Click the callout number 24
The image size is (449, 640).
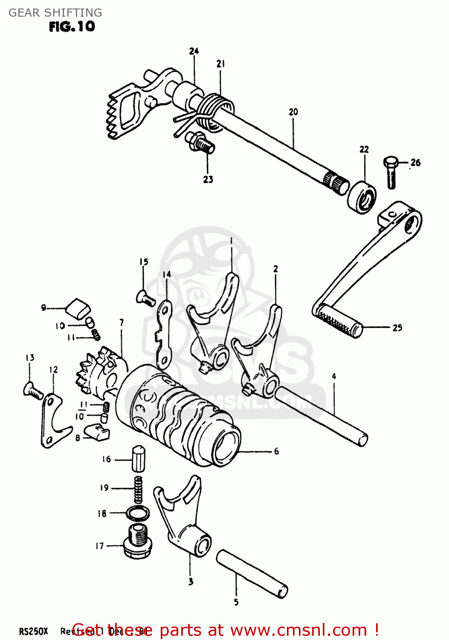pos(194,51)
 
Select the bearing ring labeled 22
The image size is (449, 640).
pos(362,197)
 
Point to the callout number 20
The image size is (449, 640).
pos(293,112)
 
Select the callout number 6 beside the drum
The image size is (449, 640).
pos(276,451)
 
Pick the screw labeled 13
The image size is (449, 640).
pos(33,390)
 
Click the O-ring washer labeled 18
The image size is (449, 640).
pos(138,513)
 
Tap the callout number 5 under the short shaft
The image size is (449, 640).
pos(236,602)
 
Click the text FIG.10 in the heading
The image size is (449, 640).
pos(72,26)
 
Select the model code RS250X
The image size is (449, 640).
pos(34,631)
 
